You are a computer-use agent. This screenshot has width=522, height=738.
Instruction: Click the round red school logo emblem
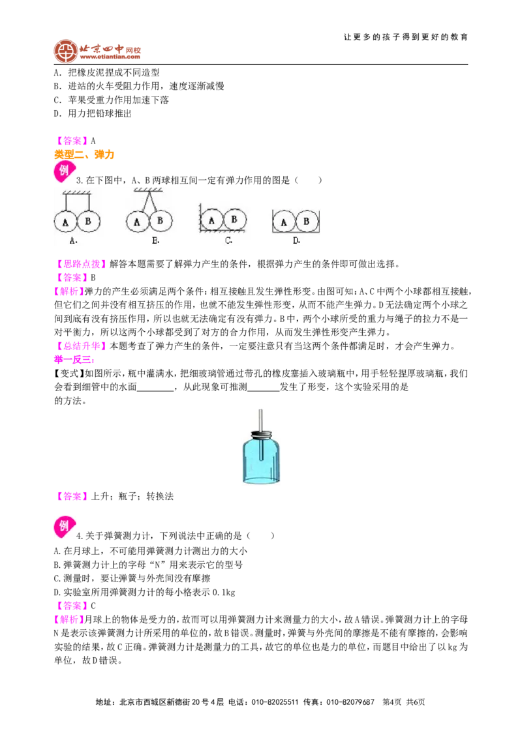pyautogui.click(x=65, y=52)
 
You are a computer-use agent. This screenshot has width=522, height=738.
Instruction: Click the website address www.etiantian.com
pyautogui.click(x=110, y=57)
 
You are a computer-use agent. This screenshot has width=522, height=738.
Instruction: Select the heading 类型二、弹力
pyautogui.click(x=84, y=155)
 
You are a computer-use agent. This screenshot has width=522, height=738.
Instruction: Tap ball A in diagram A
pyautogui.click(x=65, y=222)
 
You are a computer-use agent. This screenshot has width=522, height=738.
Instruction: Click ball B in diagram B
pyautogui.click(x=161, y=220)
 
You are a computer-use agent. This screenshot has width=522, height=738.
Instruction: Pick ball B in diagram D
pyautogui.click(x=307, y=221)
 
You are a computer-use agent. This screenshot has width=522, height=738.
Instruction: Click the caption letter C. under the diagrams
pyautogui.click(x=228, y=241)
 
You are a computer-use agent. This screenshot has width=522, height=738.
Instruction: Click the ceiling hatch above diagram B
pyautogui.click(x=148, y=190)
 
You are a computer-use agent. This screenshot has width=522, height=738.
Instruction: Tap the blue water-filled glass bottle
pyautogui.click(x=261, y=458)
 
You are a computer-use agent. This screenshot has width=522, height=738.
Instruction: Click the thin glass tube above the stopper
pyautogui.click(x=260, y=420)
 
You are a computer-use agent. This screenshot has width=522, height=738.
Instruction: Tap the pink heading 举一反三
pyautogui.click(x=74, y=360)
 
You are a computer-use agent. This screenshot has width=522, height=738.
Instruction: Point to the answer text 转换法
pyautogui.click(x=160, y=497)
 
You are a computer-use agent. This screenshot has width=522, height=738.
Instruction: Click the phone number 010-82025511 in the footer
pyautogui.click(x=275, y=702)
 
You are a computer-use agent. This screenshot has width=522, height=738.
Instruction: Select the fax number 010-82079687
pyautogui.click(x=350, y=702)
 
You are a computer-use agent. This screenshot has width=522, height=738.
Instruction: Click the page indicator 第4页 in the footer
pyautogui.click(x=392, y=702)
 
